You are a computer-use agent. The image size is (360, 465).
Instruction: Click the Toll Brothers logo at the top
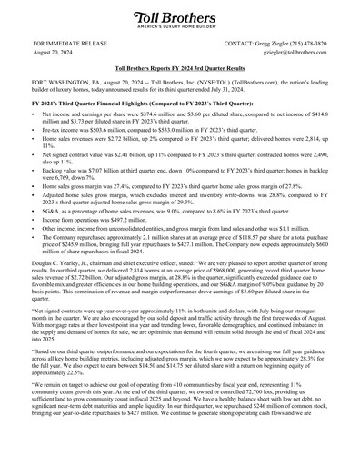click(x=179, y=19)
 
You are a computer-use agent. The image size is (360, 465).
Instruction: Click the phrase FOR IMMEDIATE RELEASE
click(x=65, y=44)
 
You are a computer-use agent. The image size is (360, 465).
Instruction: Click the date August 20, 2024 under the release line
click(x=53, y=54)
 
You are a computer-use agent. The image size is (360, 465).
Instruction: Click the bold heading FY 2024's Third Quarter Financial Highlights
click(x=124, y=106)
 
